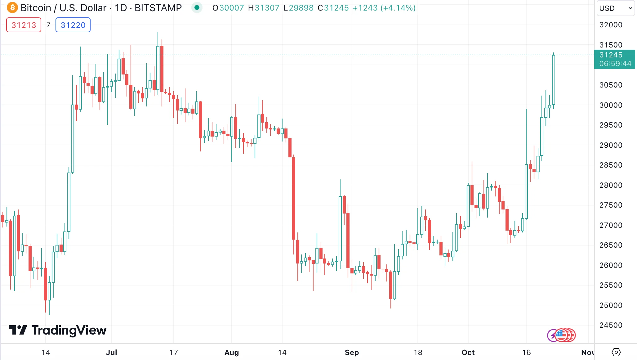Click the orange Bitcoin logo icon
[x=12, y=7]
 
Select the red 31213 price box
[x=24, y=25]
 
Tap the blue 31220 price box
[x=73, y=25]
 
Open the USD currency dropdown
[x=615, y=8]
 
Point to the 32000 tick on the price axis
[x=611, y=25]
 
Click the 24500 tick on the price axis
[x=611, y=325]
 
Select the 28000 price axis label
[x=611, y=185]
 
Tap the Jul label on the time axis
[x=111, y=352]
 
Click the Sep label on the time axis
[x=352, y=352]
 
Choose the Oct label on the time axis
[x=468, y=352]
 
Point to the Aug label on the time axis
[x=231, y=352]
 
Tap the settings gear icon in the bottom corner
[x=616, y=352]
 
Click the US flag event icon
[x=561, y=335]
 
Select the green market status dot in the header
[x=197, y=7]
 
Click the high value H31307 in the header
[x=264, y=8]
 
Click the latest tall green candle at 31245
[x=553, y=80]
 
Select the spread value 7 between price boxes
[x=48, y=25]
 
